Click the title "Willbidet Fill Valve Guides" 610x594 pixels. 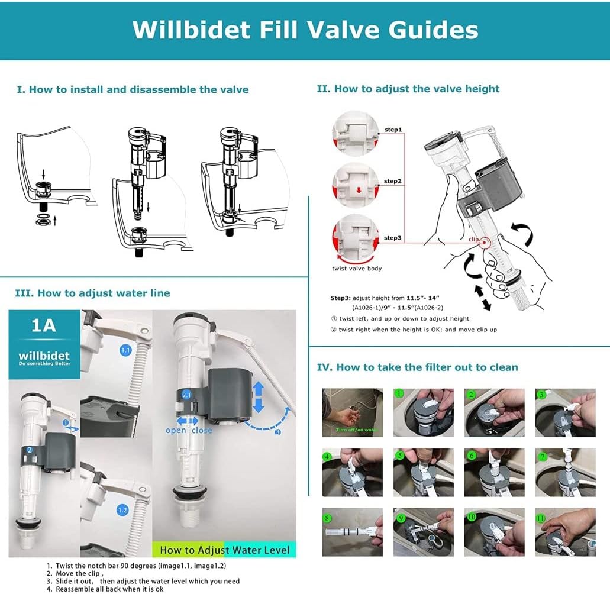(x=305, y=30)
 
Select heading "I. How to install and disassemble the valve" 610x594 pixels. (x=133, y=90)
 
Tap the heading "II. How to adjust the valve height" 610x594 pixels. (x=408, y=89)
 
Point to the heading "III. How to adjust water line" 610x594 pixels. (x=92, y=293)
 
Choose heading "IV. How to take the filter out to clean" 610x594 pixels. (x=417, y=367)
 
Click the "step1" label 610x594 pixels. (x=393, y=130)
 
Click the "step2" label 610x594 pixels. (x=393, y=181)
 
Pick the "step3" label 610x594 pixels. (x=393, y=238)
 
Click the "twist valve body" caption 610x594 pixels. (x=357, y=269)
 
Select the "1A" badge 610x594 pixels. (x=43, y=326)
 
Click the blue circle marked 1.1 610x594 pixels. (x=125, y=350)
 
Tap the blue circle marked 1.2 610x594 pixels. (x=122, y=509)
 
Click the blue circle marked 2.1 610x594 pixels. (x=186, y=394)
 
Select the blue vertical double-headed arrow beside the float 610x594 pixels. (x=259, y=396)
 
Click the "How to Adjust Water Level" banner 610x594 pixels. (x=224, y=550)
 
